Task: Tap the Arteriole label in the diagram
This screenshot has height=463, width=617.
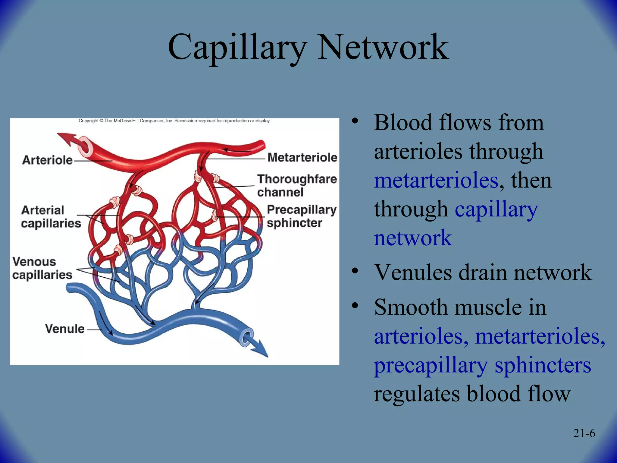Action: [47, 160]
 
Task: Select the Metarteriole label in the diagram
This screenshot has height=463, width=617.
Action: [302, 157]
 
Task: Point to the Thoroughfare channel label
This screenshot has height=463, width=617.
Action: [296, 185]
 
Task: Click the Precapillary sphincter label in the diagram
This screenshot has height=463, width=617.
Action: [301, 216]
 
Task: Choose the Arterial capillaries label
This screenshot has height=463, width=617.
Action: [51, 217]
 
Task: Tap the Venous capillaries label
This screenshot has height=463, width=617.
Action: [42, 268]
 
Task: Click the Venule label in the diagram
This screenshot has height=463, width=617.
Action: [65, 329]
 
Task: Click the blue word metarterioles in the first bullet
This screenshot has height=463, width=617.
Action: [436, 181]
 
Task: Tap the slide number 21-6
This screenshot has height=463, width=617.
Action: [584, 433]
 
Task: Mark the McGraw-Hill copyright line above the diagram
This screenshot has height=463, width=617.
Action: [174, 121]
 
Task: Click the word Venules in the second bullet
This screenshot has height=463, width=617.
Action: [412, 272]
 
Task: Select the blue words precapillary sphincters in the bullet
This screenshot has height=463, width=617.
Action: [482, 365]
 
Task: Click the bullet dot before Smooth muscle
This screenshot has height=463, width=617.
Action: [355, 306]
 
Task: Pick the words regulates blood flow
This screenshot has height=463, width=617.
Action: [472, 394]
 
